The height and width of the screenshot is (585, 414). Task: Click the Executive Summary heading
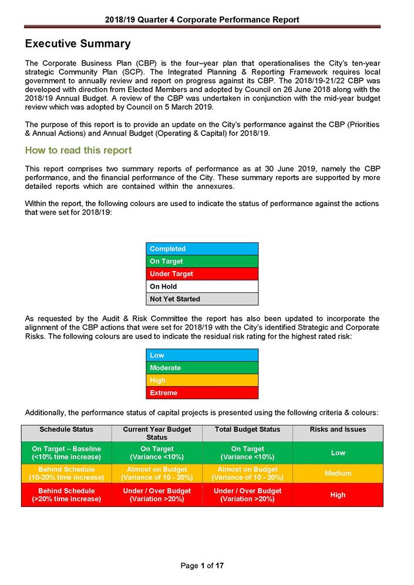[x=78, y=44]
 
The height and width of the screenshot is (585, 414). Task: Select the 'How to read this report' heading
[x=78, y=150]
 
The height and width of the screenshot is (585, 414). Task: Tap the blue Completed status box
[x=201, y=249]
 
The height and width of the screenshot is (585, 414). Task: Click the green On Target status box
[x=201, y=261]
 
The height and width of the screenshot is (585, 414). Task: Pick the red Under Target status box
[x=201, y=274]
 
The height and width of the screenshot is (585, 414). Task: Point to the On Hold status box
[x=201, y=286]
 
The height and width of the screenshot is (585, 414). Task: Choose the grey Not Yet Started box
[x=201, y=299]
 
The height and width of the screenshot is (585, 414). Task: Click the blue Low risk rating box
[x=201, y=355]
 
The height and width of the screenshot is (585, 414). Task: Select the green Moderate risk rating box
[x=201, y=368]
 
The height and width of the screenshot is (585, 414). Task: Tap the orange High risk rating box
[x=201, y=380]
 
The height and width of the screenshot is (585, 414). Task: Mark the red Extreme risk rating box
[x=201, y=393]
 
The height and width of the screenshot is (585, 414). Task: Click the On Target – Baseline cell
[x=66, y=453]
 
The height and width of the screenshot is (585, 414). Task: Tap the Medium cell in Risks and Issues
[x=338, y=474]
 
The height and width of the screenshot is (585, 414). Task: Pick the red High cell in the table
[x=338, y=495]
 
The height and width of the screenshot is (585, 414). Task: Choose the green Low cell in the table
[x=338, y=453]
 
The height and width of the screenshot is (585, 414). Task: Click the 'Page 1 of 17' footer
[x=202, y=566]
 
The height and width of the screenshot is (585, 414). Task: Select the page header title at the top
[x=202, y=19]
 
